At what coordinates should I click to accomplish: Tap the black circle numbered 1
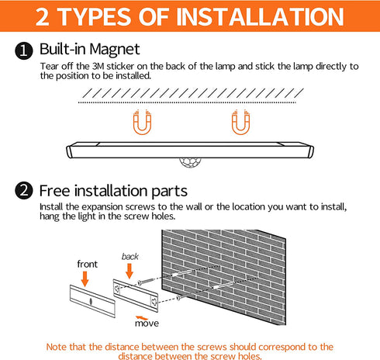coord(24,50)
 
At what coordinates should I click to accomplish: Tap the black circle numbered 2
coord(24,191)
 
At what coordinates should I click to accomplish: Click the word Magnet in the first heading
coord(116,49)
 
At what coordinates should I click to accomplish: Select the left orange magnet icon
coord(142,122)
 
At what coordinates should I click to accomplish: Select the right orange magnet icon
coord(240,122)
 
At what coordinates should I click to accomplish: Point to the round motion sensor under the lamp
coord(190,162)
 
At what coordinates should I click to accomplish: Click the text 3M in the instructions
coord(98,67)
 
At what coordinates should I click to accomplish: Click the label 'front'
coord(88,264)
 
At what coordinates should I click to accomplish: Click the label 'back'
coord(130,257)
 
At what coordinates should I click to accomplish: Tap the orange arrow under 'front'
coord(85,279)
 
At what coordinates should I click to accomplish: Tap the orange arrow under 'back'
coord(130,271)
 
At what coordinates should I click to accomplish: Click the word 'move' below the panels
coord(147,324)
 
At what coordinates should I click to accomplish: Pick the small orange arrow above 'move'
coord(142,317)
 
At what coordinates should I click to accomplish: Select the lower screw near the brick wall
coord(181,297)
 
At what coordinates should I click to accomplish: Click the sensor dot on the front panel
coord(91,302)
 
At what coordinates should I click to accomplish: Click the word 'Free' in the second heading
coord(55,191)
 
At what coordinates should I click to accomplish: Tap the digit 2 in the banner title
coord(43,17)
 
